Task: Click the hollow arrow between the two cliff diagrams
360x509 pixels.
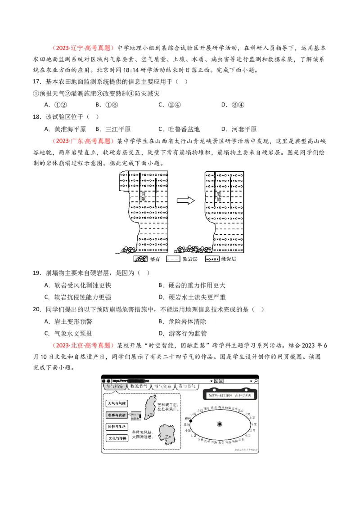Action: [185, 201]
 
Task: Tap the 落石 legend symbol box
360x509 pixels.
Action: [140, 259]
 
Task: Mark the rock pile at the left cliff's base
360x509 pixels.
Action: [130, 249]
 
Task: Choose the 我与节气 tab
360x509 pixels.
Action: [186, 386]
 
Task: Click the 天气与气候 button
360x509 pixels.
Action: [117, 403]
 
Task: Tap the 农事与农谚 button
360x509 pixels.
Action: [117, 415]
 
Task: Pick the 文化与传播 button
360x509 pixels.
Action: [117, 438]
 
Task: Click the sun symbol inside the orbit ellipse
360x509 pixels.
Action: [220, 424]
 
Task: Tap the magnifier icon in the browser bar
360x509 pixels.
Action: [256, 380]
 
